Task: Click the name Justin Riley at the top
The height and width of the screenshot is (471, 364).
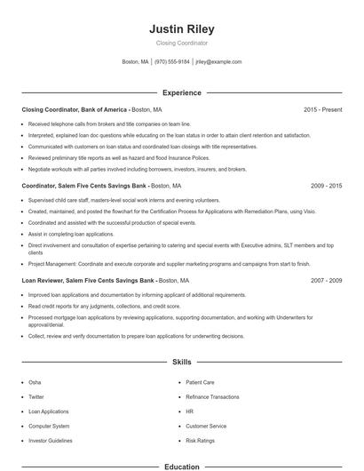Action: [181, 29]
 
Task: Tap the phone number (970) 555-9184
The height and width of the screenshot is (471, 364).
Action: [172, 62]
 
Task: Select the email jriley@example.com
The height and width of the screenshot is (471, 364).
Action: [218, 62]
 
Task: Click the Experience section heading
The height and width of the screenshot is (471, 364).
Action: [181, 92]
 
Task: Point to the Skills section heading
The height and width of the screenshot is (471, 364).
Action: [181, 363]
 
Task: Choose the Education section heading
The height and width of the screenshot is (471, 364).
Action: [181, 466]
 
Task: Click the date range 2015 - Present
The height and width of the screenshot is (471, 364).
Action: [322, 109]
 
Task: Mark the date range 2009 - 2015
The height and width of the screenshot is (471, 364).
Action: [326, 187]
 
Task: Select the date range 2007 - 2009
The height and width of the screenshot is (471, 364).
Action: [326, 280]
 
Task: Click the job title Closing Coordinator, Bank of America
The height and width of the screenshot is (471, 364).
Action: [75, 109]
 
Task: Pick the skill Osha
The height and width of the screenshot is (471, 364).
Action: [36, 382]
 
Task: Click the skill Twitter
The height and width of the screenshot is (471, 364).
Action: [36, 396]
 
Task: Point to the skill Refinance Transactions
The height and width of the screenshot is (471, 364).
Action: [212, 396]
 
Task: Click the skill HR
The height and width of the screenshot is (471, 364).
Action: [189, 411]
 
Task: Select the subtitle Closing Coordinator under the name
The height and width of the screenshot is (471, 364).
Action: [181, 43]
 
